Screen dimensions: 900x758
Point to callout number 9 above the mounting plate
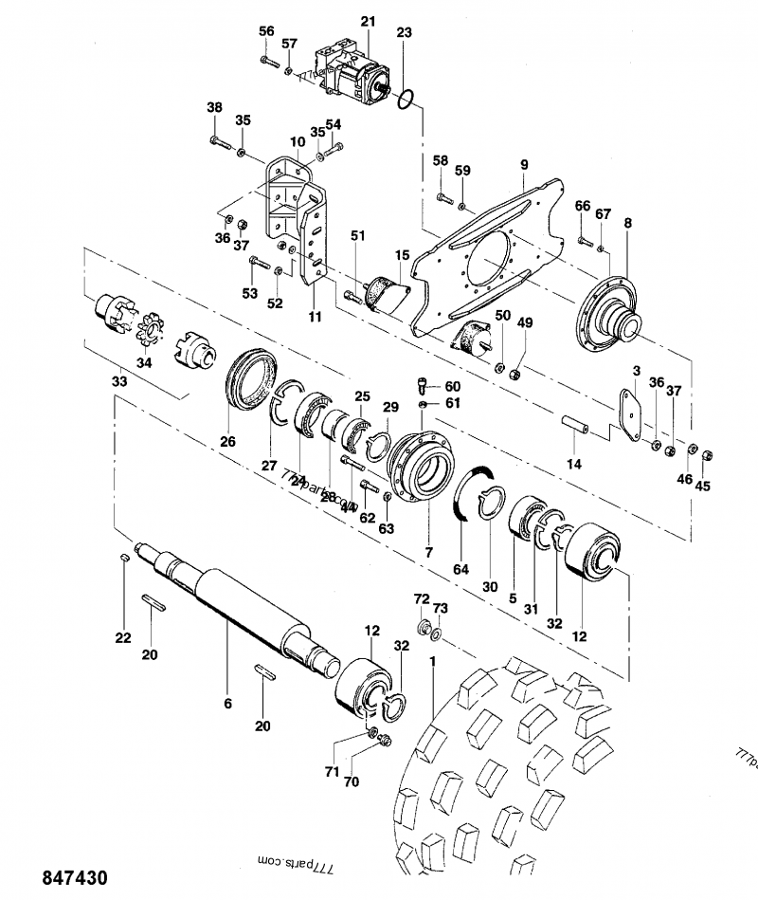coord(523,164)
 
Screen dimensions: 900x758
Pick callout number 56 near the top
coord(266,31)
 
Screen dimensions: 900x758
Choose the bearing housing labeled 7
coord(423,465)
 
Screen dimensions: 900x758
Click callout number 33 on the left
coord(118,381)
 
